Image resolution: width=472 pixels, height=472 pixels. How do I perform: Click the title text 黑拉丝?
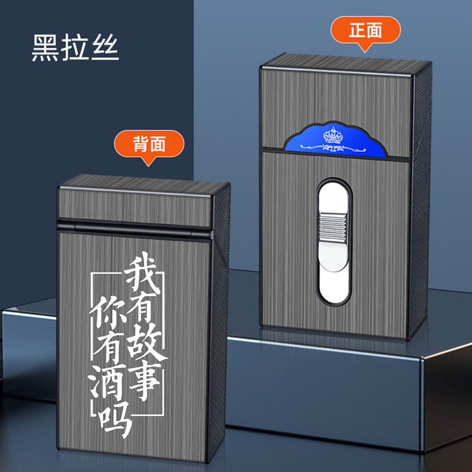76,50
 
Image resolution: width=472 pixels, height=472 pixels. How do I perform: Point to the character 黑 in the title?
46,50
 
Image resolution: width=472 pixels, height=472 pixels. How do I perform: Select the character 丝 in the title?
106,50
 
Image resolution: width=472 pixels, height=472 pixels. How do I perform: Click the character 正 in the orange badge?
356,30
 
